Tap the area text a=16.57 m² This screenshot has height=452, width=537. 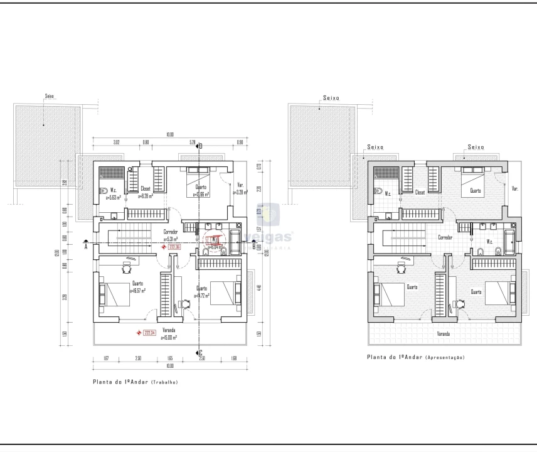pos(137,291)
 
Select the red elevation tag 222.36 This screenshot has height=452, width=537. pos(174,247)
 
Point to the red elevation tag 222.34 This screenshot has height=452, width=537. pos(149,333)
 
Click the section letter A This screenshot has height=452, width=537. pos(86,247)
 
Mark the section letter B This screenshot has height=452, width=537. pos(253,247)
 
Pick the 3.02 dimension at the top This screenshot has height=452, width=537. pos(116,143)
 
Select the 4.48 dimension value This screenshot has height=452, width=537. pos(258,288)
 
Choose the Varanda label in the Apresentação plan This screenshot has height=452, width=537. pos(444,334)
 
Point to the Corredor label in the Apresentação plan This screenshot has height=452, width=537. pos(445,238)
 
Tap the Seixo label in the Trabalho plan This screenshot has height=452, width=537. pos(50,97)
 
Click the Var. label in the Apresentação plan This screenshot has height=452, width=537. pos(515,188)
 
